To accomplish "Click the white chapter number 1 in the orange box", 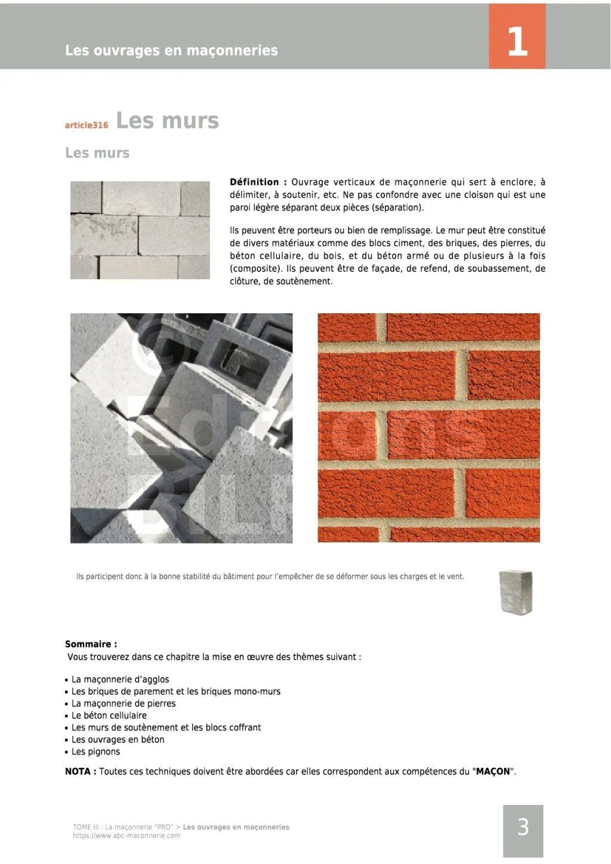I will click(517, 41).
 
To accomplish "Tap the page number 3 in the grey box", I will click(523, 826).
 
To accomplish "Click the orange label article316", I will click(87, 125).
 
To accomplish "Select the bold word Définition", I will click(254, 182).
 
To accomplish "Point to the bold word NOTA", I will click(78, 771).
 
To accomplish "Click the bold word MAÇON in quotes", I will click(493, 771).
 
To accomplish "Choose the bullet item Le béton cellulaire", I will click(109, 715).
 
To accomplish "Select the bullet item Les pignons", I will click(95, 752).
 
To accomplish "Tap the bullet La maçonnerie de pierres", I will click(124, 703).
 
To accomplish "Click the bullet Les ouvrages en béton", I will click(118, 739).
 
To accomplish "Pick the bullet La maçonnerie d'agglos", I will click(120, 679).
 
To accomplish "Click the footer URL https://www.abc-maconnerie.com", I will click(126, 835).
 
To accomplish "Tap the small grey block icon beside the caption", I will click(516, 592).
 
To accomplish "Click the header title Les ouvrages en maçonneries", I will click(171, 50).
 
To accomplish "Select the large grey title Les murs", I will click(167, 121).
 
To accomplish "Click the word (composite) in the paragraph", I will click(255, 269).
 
